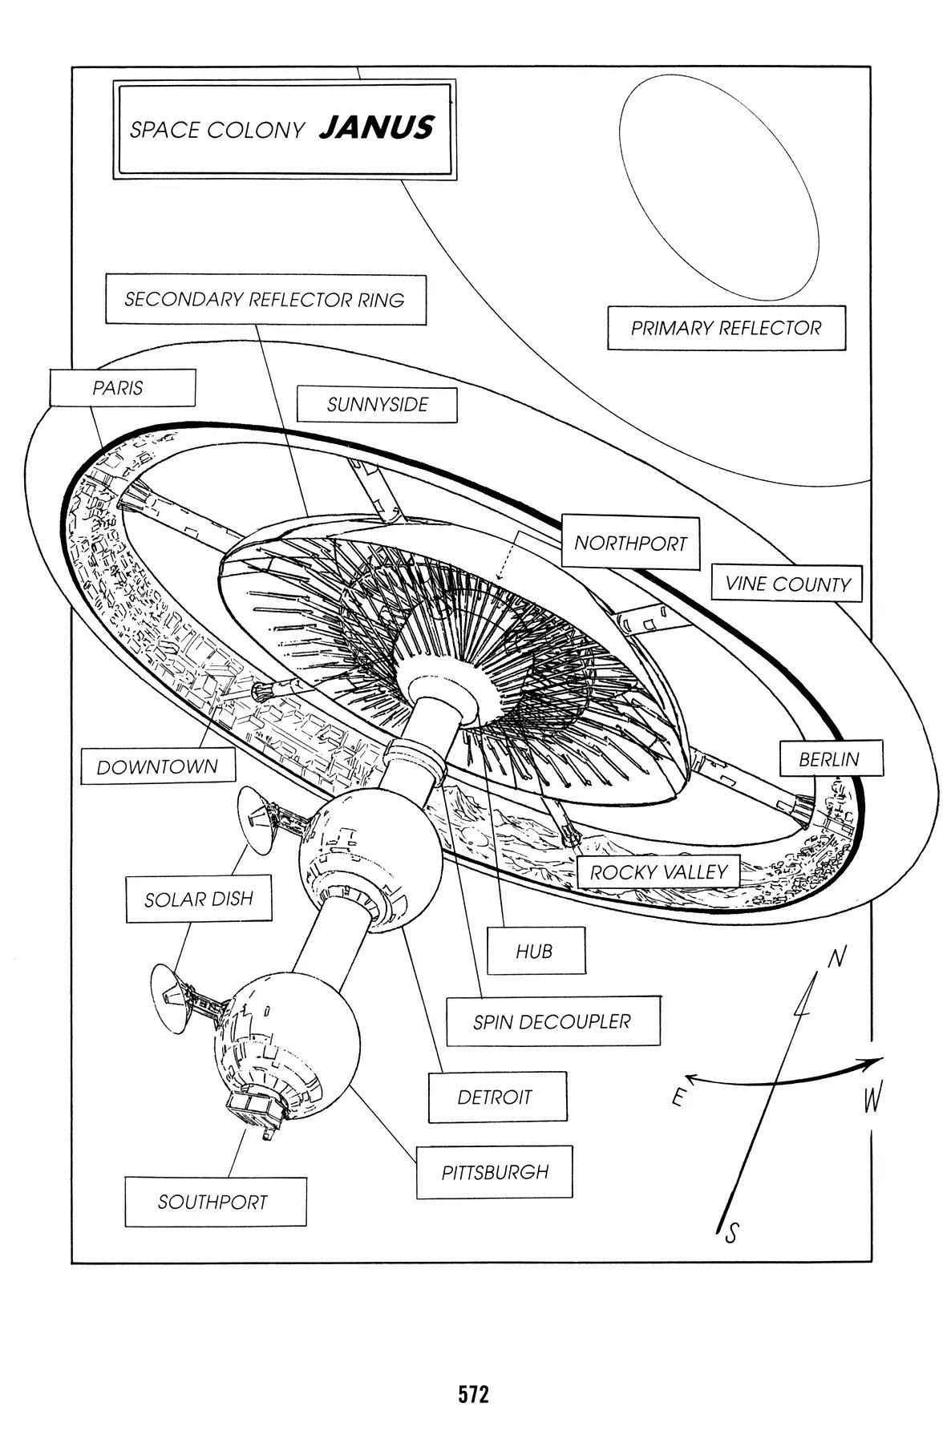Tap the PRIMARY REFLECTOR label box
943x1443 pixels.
(726, 328)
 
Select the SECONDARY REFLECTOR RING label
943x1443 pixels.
(265, 300)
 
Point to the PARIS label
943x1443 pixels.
(122, 388)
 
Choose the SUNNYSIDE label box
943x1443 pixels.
(377, 405)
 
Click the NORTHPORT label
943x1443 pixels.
(630, 544)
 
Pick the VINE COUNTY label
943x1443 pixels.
(787, 584)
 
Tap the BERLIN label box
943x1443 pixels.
(829, 759)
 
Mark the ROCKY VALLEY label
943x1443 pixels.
(658, 872)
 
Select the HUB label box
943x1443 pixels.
(535, 952)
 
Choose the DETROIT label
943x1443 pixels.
(496, 1097)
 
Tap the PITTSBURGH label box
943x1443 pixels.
(495, 1172)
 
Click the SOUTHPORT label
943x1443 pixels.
(213, 1202)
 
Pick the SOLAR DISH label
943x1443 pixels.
(198, 899)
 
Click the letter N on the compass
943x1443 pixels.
(836, 958)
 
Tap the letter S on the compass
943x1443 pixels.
(731, 1234)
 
